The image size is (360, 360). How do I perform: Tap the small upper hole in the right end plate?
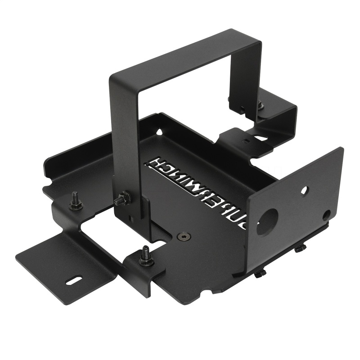click(304, 190)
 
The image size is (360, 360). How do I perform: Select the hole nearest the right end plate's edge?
click(326, 215)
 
